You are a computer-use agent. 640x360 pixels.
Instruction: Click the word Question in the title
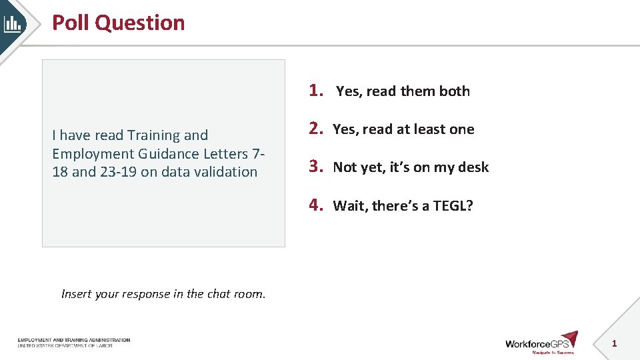140,23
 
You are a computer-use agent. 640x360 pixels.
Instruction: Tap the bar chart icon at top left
13,24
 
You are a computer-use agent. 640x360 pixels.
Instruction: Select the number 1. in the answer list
317,90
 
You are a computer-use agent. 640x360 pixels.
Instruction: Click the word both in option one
454,91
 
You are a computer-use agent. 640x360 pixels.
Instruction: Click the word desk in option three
473,167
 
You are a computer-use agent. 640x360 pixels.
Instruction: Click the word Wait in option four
350,205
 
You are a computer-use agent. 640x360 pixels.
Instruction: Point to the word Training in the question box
153,135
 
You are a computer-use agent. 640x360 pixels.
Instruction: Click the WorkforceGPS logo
541,343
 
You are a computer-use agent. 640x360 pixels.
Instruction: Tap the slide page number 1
614,343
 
